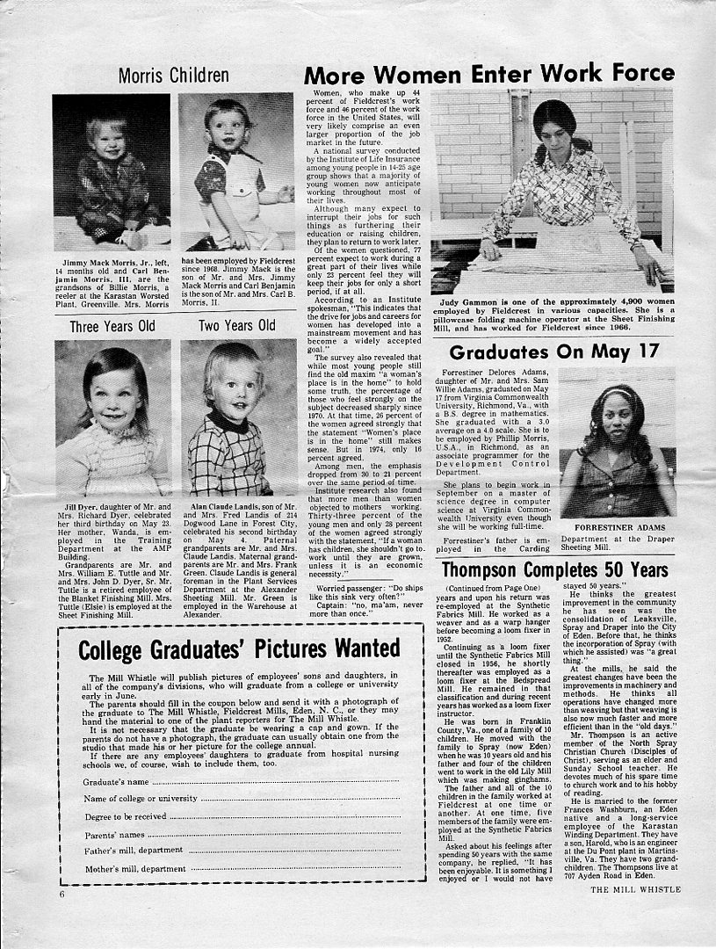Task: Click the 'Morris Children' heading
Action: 173,76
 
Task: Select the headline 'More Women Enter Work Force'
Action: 488,73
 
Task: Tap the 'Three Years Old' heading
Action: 112,326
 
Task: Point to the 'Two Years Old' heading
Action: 236,326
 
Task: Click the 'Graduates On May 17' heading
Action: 553,352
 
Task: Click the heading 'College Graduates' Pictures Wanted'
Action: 238,650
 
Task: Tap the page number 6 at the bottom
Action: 62,894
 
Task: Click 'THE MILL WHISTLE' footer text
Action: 635,889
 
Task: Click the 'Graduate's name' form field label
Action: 115,781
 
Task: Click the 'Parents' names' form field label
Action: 114,834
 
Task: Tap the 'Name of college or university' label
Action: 141,799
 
